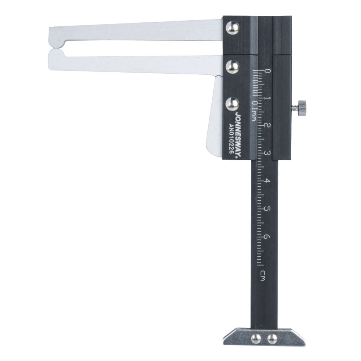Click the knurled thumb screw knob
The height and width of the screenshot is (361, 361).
(301, 108)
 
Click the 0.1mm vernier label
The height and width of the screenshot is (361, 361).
(254, 111)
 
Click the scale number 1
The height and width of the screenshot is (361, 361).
(267, 99)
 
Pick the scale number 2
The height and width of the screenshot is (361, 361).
(268, 126)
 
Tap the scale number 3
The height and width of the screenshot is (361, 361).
(268, 153)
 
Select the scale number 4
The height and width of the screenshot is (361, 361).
(267, 181)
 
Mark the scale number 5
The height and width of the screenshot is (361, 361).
(267, 209)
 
